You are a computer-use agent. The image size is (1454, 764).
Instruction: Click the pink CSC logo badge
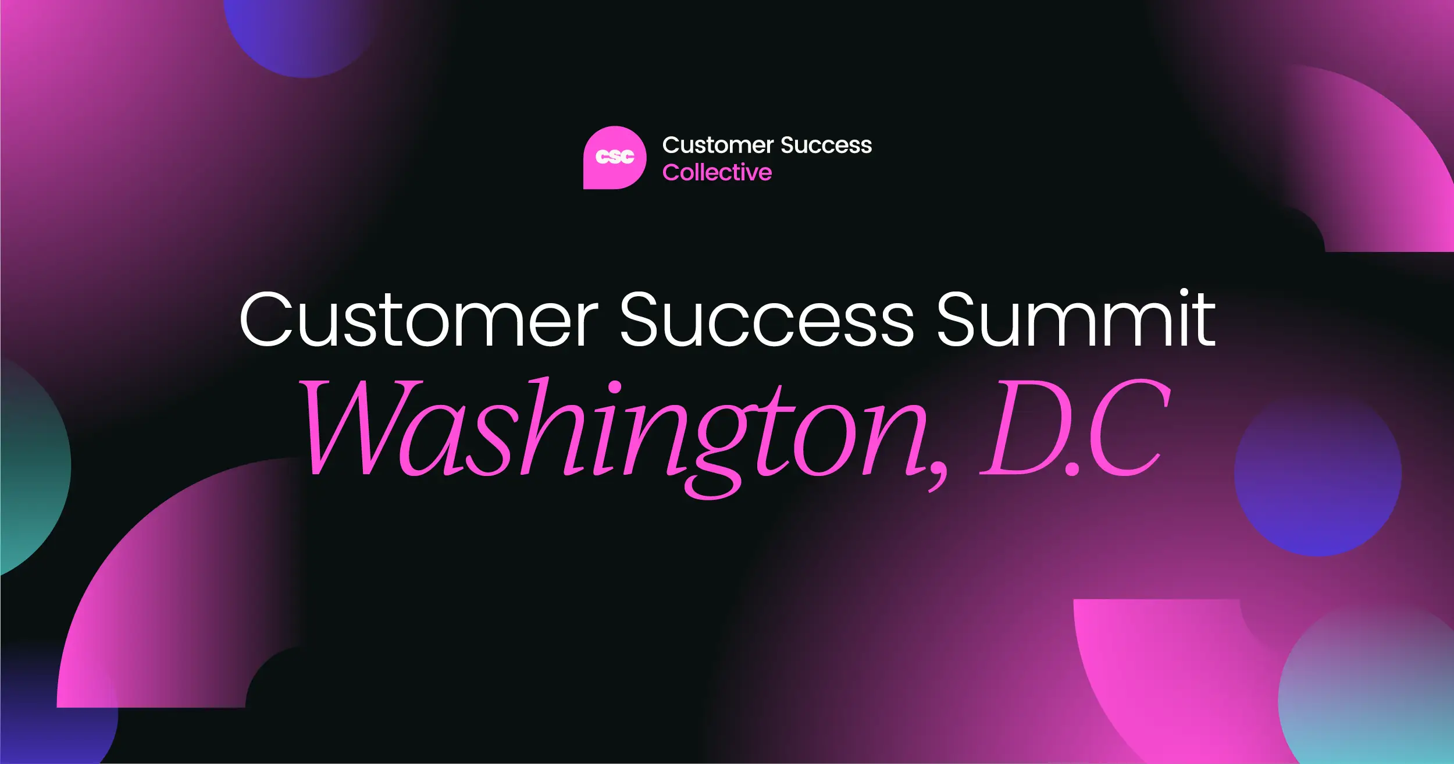click(614, 158)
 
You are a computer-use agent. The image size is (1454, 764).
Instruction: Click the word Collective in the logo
click(717, 173)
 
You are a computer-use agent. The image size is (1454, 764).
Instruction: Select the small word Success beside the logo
click(826, 145)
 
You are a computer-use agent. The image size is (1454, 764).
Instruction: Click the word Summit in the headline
click(1076, 320)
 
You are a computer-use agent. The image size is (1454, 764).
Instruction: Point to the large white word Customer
click(419, 320)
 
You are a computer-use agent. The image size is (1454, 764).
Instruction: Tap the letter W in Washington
click(361, 428)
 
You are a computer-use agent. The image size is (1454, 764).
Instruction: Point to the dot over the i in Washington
click(614, 388)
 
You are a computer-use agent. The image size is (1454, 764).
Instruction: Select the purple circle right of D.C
click(1317, 474)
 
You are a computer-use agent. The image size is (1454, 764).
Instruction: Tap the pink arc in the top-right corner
click(1396, 157)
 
